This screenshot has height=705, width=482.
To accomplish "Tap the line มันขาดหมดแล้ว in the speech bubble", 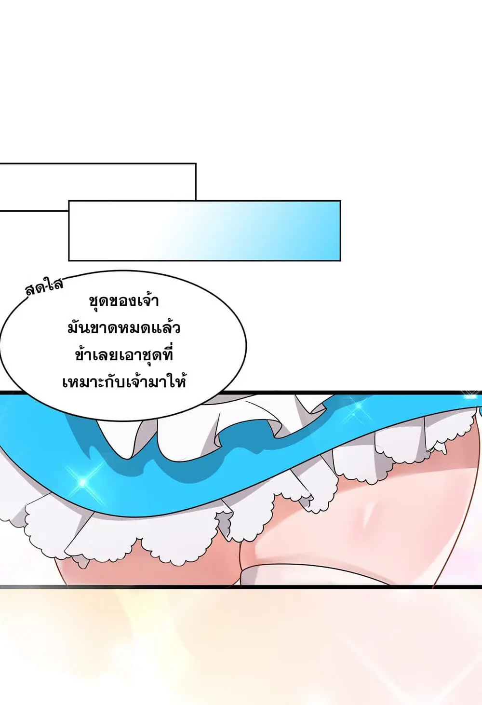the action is point(124,328).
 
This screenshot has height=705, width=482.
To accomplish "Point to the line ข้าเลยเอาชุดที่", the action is point(124,355).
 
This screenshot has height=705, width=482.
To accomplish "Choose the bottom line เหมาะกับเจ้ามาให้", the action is point(124,383).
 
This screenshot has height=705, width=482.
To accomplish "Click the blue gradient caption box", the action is point(204,230).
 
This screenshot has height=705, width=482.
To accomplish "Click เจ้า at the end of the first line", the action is point(147,300).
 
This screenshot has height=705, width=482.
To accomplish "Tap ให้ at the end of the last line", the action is point(178,382).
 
